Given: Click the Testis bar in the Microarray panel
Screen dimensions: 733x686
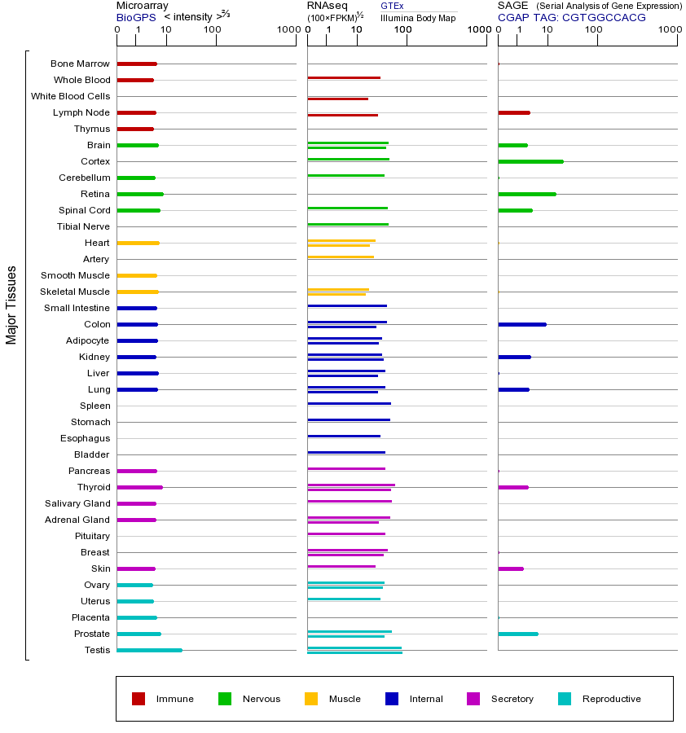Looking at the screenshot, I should tap(149, 650).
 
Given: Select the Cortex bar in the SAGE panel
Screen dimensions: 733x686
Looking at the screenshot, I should tap(530, 161).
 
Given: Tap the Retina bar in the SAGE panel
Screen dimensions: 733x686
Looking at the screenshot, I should tap(527, 194).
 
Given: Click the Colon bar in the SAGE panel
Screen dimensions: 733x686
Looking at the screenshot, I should tap(522, 324).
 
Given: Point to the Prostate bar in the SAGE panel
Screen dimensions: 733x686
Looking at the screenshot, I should tap(518, 634).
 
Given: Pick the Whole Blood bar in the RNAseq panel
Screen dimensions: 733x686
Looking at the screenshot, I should tap(344, 78).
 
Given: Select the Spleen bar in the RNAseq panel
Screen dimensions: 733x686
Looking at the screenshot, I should tap(349, 404).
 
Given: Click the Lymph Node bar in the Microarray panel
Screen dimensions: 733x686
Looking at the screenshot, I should tap(136, 112).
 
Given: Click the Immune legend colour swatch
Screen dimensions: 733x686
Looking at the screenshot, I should tap(139, 699).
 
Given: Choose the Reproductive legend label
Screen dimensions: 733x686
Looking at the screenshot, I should tap(612, 699).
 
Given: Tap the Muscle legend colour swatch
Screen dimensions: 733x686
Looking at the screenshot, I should tap(311, 699).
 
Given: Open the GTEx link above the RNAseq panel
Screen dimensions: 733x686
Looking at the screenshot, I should tap(392, 6).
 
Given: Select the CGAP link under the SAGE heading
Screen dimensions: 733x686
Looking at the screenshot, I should tap(513, 17).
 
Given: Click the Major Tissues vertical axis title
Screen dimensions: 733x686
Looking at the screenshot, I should tap(11, 304).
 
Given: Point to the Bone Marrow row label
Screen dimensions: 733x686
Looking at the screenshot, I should tap(80, 64).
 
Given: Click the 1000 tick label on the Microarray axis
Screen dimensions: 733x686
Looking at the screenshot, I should tap(287, 30).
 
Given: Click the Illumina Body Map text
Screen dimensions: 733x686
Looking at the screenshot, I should tap(418, 17).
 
